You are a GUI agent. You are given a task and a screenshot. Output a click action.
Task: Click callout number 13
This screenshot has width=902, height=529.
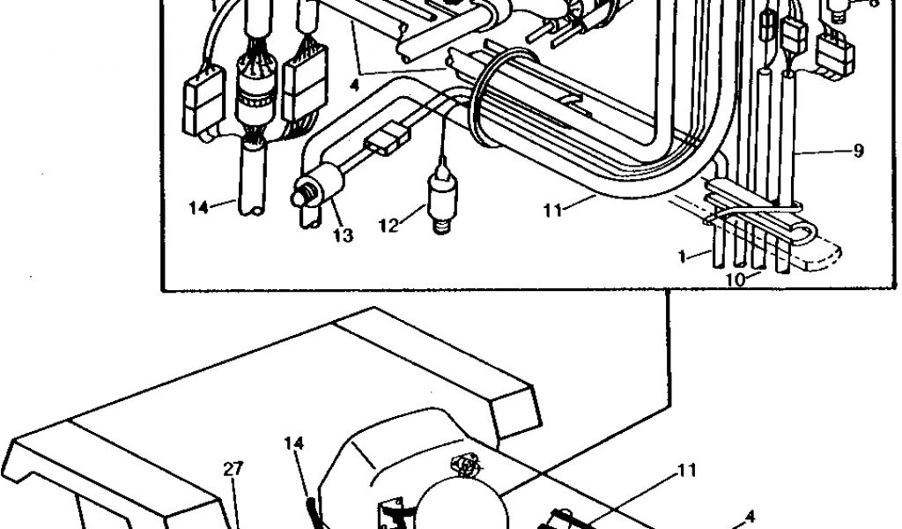pyautogui.click(x=343, y=235)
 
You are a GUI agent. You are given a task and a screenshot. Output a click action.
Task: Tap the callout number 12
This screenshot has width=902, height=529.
pyautogui.click(x=388, y=226)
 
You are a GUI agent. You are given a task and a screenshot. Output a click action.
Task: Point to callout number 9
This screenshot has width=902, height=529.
pyautogui.click(x=858, y=151)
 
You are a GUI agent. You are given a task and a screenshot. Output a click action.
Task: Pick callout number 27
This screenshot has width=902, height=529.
pyautogui.click(x=233, y=469)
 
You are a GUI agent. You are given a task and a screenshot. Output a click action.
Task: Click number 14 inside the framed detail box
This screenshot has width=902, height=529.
pyautogui.click(x=198, y=208)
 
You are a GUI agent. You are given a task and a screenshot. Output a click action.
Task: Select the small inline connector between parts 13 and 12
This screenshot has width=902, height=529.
pyautogui.click(x=388, y=138)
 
